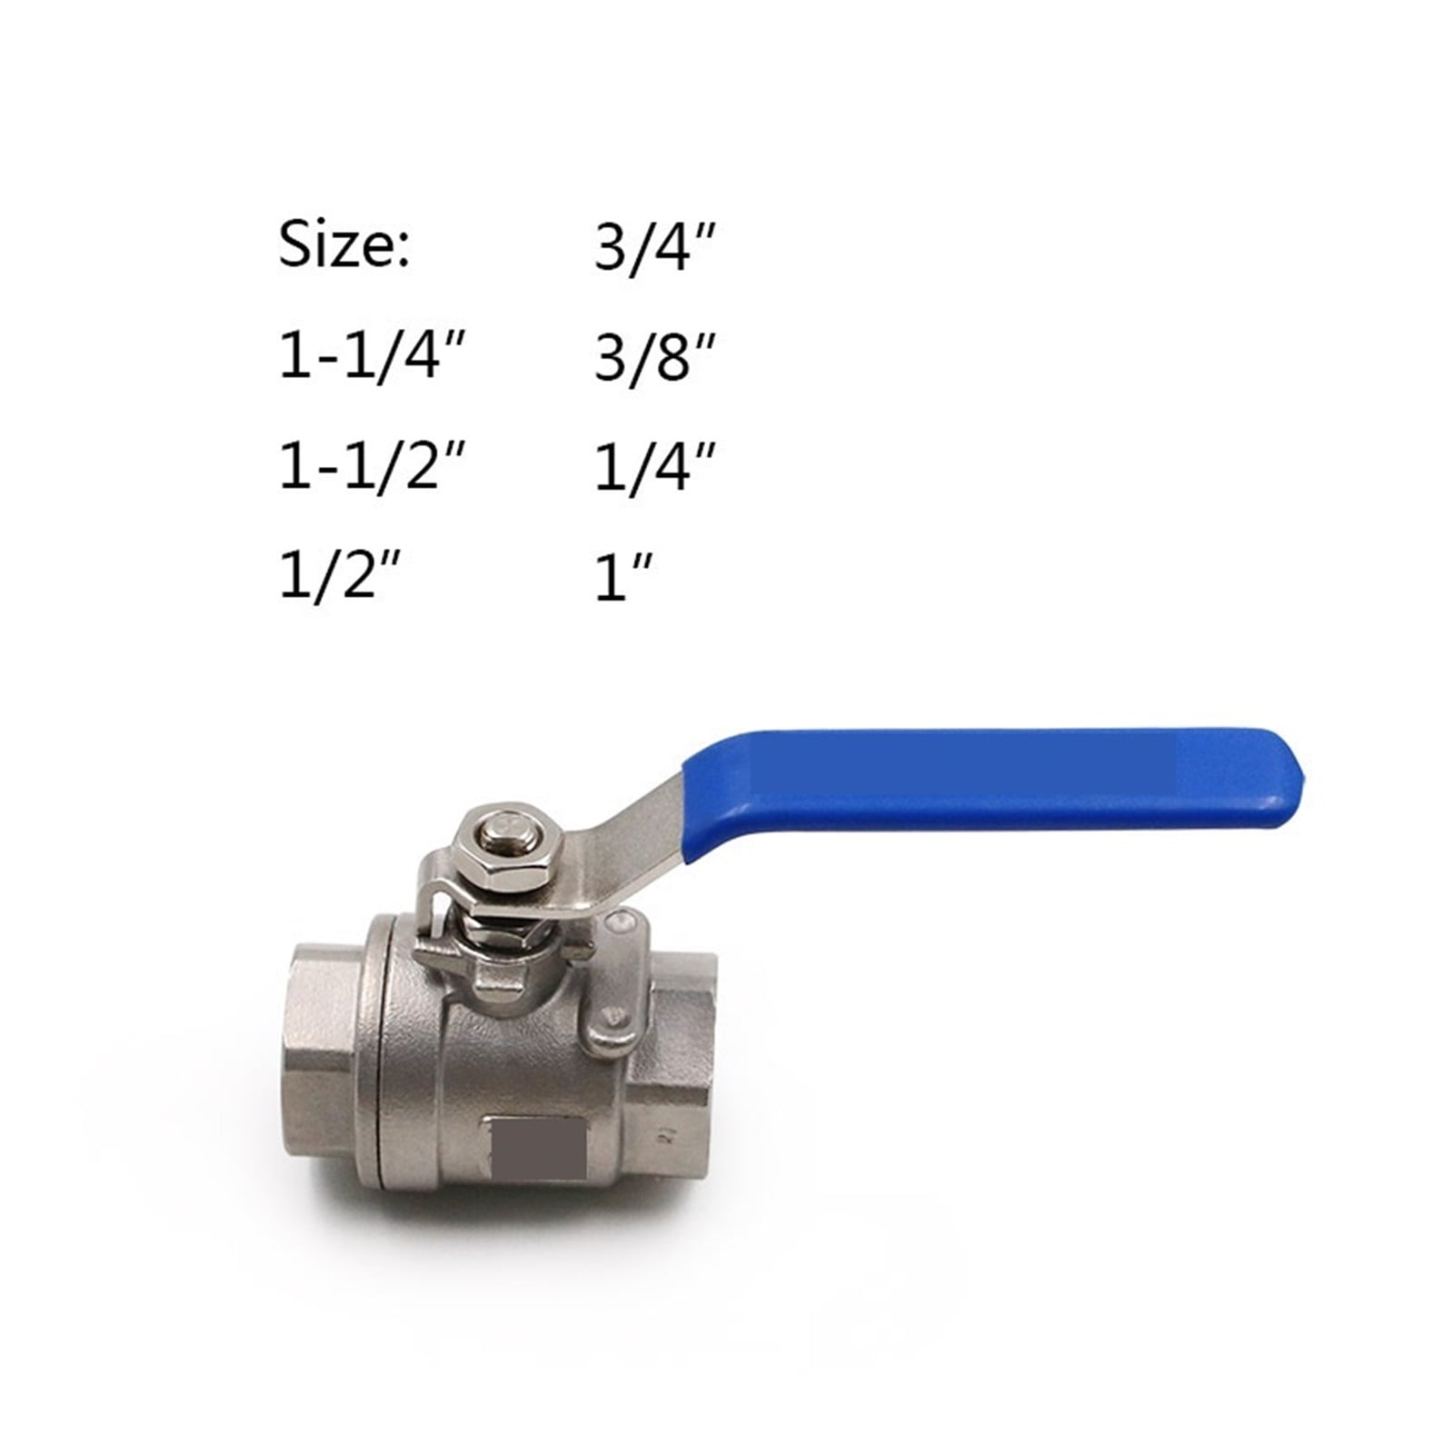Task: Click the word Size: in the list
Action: [x=344, y=245]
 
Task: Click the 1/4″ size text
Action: [x=652, y=470]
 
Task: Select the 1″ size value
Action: [x=622, y=579]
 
